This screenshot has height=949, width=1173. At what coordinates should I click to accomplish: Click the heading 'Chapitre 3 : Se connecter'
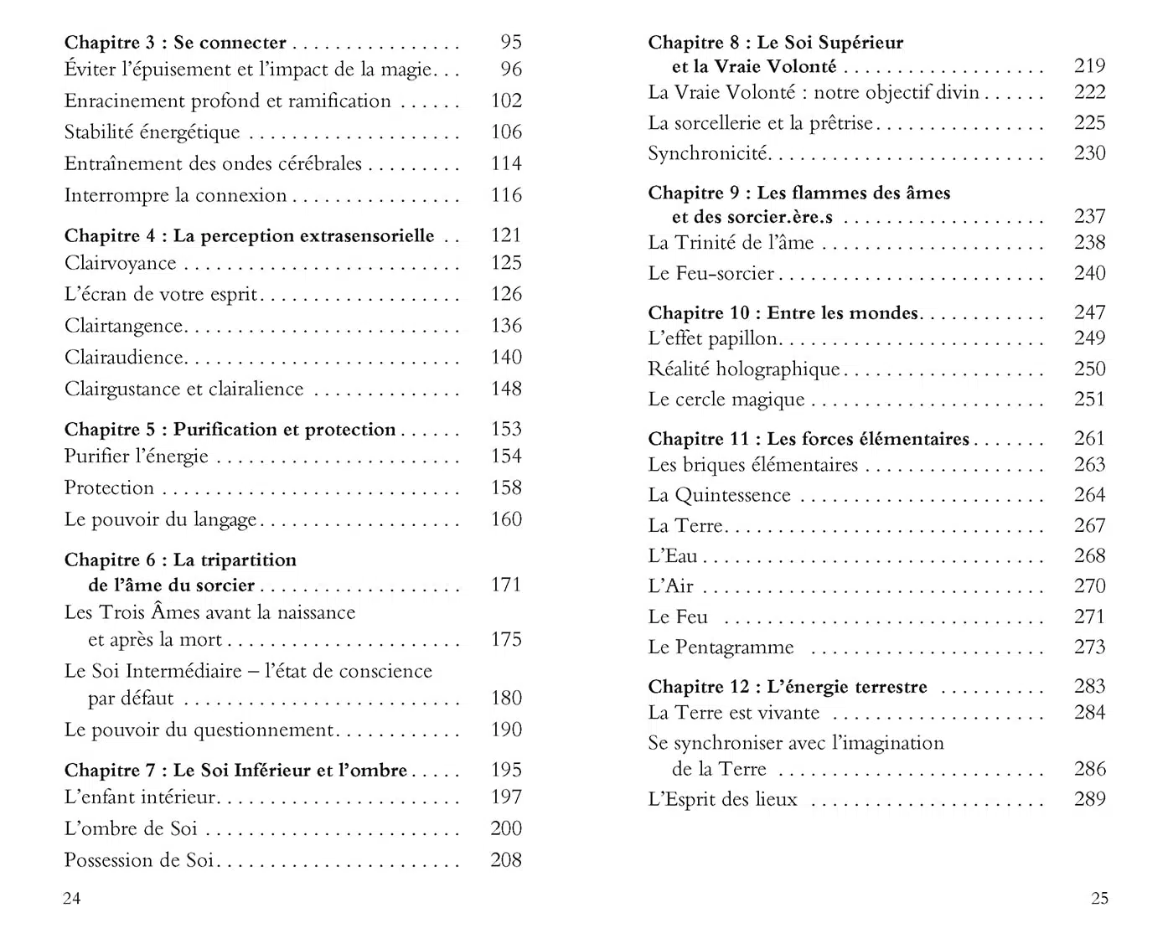click(x=175, y=42)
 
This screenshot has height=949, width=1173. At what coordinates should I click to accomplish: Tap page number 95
click(x=510, y=42)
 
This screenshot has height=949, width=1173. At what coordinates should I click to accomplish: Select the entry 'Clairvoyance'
click(x=121, y=263)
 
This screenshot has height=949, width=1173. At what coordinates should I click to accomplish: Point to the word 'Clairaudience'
click(x=124, y=358)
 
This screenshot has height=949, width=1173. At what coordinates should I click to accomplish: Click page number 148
click(x=506, y=389)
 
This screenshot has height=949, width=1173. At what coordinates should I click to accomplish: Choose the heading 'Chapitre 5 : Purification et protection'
click(x=230, y=430)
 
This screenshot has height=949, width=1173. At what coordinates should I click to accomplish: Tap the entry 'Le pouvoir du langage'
click(x=161, y=519)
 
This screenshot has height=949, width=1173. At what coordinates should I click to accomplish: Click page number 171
click(x=506, y=585)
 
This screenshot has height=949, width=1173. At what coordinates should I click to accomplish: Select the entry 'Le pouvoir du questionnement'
click(x=199, y=730)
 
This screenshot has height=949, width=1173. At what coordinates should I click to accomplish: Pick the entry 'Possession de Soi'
click(x=139, y=860)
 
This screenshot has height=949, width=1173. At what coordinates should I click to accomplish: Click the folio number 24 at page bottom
click(x=72, y=899)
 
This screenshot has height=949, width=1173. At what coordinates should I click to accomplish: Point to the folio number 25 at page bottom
click(x=1099, y=899)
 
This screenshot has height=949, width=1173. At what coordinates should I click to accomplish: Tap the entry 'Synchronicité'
click(x=708, y=153)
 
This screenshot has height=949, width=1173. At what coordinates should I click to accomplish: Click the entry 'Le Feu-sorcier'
click(x=711, y=273)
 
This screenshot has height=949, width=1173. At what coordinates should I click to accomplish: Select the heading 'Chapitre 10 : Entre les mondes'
click(x=783, y=313)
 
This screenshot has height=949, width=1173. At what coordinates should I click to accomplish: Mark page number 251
click(x=1089, y=400)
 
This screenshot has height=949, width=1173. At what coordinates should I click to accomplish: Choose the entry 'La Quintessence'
click(x=719, y=495)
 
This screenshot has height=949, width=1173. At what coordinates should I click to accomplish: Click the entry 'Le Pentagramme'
click(x=721, y=647)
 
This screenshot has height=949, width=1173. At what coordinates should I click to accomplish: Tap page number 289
click(x=1089, y=799)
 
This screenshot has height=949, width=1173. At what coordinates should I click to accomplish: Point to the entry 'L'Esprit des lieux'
click(x=722, y=799)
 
